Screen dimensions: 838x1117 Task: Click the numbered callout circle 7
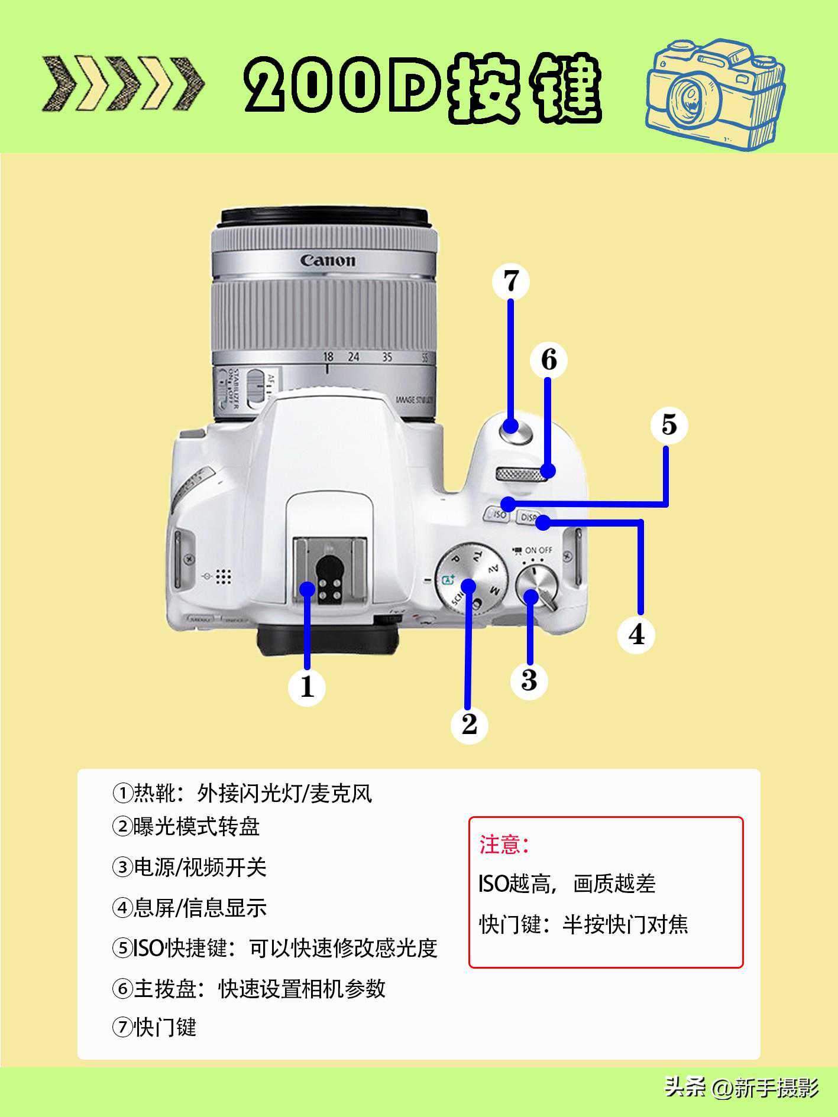tap(510, 281)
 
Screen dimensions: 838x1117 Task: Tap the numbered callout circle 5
tap(669, 425)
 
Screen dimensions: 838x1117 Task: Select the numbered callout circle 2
tap(469, 725)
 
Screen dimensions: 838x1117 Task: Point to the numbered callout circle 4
tap(636, 635)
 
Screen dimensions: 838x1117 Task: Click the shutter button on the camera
tap(515, 429)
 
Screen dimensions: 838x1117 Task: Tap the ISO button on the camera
tap(497, 514)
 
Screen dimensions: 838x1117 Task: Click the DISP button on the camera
tap(528, 518)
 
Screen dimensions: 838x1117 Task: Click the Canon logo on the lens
tap(328, 260)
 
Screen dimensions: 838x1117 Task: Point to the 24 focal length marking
tap(354, 356)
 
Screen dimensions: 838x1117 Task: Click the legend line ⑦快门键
tap(154, 1028)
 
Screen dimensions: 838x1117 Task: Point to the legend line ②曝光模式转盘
tap(186, 826)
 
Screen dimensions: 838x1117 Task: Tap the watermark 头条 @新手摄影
tap(742, 1087)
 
